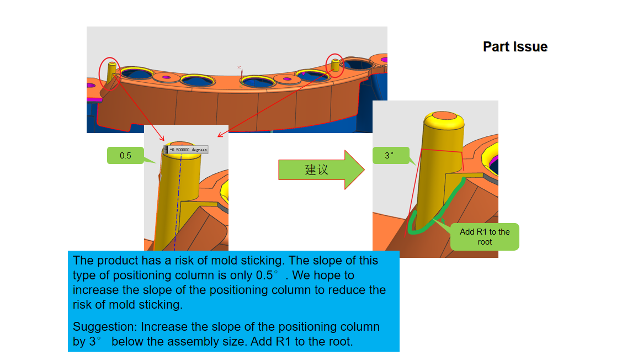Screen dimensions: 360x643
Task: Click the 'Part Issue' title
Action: pyautogui.click(x=515, y=47)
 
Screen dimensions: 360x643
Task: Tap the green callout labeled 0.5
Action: pyautogui.click(x=126, y=156)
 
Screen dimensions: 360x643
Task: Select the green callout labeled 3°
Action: pyautogui.click(x=390, y=156)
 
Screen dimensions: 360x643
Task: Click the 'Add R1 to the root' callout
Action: pyautogui.click(x=485, y=237)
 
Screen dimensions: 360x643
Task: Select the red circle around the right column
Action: pyautogui.click(x=334, y=66)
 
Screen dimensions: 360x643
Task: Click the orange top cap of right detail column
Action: pyautogui.click(x=443, y=116)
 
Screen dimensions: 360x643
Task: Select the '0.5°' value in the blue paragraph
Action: pyautogui.click(x=268, y=275)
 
